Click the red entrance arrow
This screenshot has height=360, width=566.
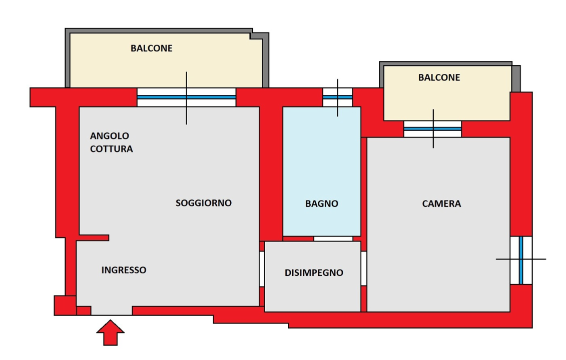click(110, 333)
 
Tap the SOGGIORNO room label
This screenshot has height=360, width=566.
click(203, 203)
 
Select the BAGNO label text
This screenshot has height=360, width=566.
click(321, 204)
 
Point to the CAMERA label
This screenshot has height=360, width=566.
click(441, 204)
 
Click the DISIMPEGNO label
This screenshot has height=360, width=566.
click(314, 273)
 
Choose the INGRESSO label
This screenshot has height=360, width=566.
click(124, 270)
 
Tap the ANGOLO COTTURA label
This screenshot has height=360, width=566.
click(111, 142)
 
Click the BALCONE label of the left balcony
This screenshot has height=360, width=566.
click(151, 48)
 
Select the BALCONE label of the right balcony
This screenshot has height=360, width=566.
click(439, 78)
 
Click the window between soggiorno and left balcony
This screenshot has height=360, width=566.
click(186, 97)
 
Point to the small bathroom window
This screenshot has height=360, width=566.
click(337, 97)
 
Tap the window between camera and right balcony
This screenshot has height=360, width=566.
click(432, 129)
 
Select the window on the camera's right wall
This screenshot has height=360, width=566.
click(520, 260)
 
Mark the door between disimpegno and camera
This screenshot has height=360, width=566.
click(364, 268)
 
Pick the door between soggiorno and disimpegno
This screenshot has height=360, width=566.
click(262, 269)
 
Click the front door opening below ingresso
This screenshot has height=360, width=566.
click(112, 311)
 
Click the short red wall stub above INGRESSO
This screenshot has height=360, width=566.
click(94, 237)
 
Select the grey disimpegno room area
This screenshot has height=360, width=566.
click(312, 295)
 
